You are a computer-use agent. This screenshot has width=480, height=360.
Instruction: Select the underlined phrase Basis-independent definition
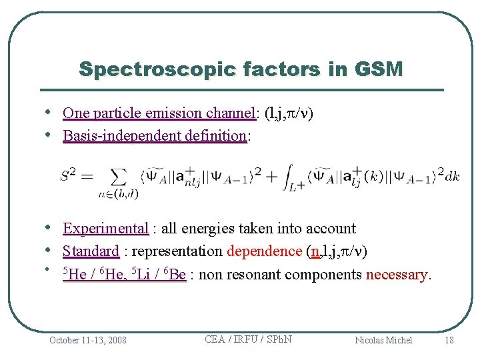(155, 136)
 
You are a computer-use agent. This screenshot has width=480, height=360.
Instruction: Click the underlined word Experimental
(105, 229)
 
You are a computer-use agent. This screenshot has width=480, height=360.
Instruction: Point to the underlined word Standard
(91, 251)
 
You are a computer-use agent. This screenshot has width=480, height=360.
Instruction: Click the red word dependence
(265, 251)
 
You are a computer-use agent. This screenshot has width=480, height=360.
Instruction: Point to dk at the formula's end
(452, 176)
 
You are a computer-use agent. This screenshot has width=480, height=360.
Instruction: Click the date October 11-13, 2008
(87, 340)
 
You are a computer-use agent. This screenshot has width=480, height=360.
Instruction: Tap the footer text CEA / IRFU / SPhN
(248, 339)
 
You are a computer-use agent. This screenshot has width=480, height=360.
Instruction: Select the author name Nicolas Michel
(383, 340)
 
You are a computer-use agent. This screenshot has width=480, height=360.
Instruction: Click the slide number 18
(449, 340)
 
